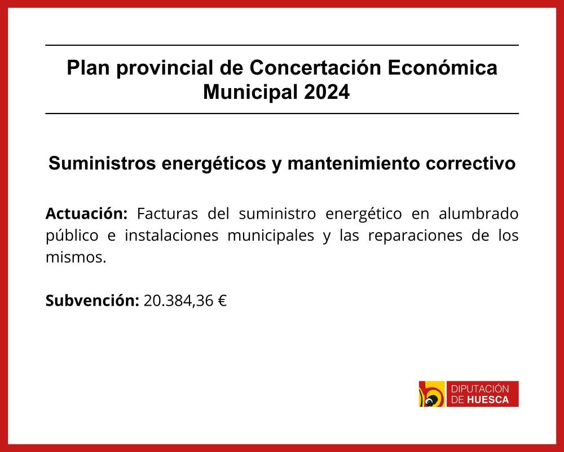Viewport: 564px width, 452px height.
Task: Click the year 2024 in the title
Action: (x=327, y=92)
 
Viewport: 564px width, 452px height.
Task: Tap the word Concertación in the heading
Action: (x=315, y=67)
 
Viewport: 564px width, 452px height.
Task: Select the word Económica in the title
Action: (x=442, y=67)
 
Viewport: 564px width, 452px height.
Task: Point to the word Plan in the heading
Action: (x=88, y=67)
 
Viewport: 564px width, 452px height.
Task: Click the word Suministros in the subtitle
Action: (x=102, y=163)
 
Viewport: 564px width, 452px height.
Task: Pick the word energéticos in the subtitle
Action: (x=214, y=164)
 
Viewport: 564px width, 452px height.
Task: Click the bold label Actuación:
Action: (x=86, y=214)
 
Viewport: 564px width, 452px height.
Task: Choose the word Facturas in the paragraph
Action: (x=168, y=214)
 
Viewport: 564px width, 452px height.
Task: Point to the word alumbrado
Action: (x=478, y=214)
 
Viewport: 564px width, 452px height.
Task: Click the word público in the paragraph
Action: (x=72, y=236)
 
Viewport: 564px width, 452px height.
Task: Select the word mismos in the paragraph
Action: (x=74, y=258)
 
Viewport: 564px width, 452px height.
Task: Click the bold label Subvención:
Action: (x=92, y=300)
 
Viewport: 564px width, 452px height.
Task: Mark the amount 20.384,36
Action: (x=178, y=301)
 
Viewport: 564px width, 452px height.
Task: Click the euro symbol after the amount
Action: (x=222, y=301)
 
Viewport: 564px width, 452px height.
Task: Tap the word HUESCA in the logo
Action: (x=488, y=399)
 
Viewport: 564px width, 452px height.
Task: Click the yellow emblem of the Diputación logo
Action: (x=431, y=394)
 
